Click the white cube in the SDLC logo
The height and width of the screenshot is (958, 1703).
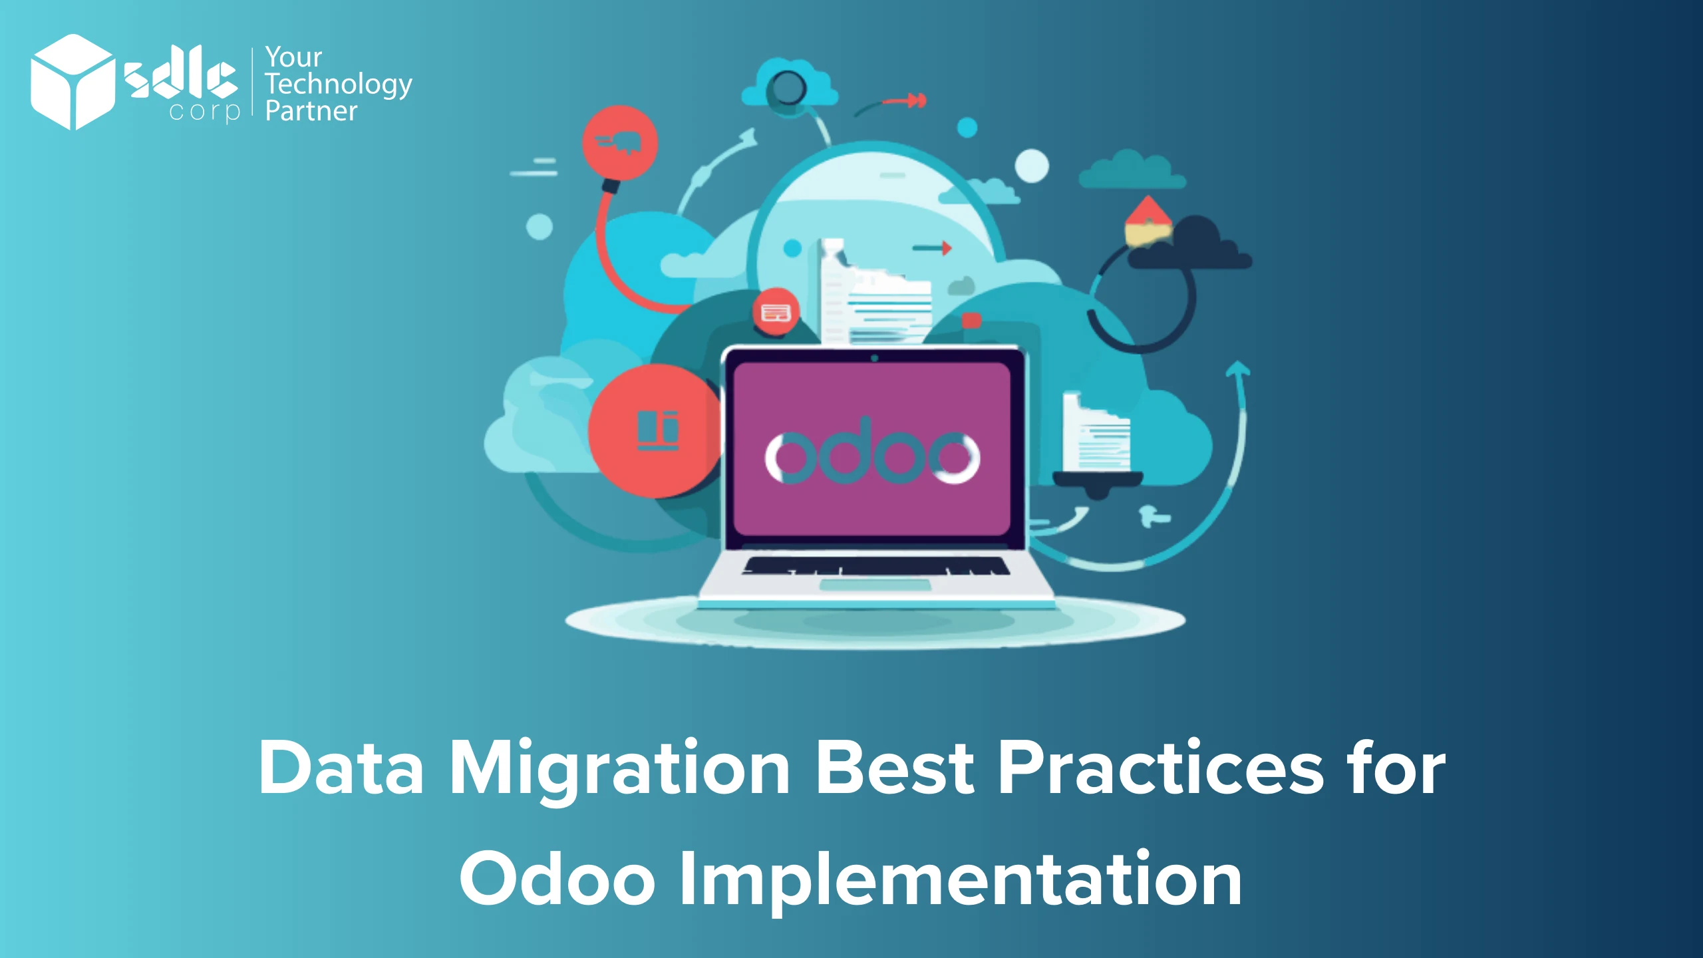pyautogui.click(x=72, y=82)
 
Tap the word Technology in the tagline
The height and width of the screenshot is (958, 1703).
pyautogui.click(x=338, y=84)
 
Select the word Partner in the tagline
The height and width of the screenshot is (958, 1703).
pyautogui.click(x=311, y=111)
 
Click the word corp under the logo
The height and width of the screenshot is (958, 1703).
pyautogui.click(x=204, y=111)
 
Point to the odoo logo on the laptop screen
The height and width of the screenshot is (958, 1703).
pyautogui.click(x=872, y=454)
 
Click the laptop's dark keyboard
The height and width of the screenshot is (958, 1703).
pyautogui.click(x=875, y=566)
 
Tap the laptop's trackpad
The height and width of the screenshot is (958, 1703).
pyautogui.click(x=875, y=585)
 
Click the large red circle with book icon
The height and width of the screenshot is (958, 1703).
pyautogui.click(x=655, y=431)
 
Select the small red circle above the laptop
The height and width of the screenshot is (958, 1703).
pyautogui.click(x=776, y=313)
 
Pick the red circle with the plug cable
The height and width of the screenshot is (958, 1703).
pyautogui.click(x=620, y=142)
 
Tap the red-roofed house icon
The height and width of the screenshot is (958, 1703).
pyautogui.click(x=1148, y=220)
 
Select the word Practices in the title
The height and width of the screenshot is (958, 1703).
pyautogui.click(x=1161, y=768)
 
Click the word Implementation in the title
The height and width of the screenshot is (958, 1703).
pyautogui.click(x=960, y=879)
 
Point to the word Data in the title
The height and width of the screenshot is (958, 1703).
pyautogui.click(x=341, y=768)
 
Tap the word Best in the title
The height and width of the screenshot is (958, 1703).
pyautogui.click(x=895, y=768)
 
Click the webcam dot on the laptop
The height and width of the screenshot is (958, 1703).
pyautogui.click(x=874, y=358)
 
